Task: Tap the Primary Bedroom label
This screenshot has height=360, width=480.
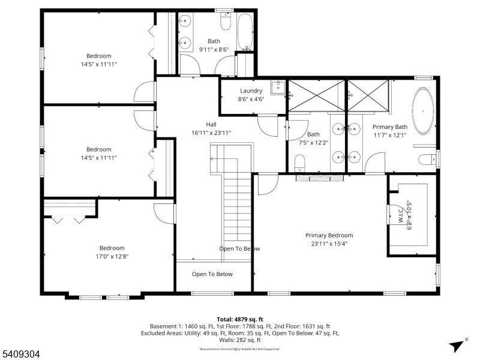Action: coord(329,235)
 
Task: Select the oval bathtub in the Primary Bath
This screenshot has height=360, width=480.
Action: coord(425,112)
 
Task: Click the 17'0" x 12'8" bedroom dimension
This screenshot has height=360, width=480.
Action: coord(112,256)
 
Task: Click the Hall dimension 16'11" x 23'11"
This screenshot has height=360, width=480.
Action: coord(211,133)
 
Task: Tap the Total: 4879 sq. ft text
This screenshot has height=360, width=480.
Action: coord(240,319)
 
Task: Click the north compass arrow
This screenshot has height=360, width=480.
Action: coord(457,344)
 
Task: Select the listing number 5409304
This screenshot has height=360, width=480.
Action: coord(21,355)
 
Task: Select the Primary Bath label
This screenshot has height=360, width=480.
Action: coord(389,127)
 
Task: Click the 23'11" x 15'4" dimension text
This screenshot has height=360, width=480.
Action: coord(329,244)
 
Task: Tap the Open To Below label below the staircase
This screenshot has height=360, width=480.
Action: coord(212,274)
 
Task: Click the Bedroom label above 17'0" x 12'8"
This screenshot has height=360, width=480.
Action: coord(112,248)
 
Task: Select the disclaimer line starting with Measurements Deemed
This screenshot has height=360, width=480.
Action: coord(240,349)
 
